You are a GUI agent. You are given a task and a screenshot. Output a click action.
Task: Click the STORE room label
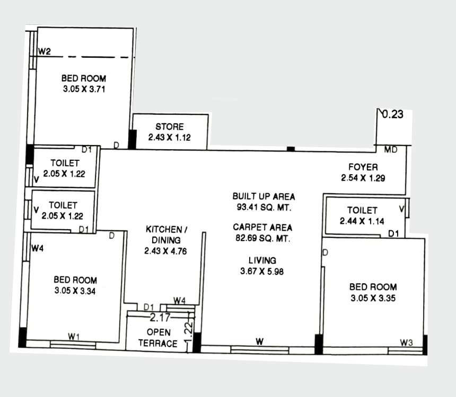pyautogui.click(x=170, y=127)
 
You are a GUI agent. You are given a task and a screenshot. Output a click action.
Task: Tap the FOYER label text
pyautogui.click(x=363, y=168)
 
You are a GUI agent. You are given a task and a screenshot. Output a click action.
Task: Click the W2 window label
pyautogui.click(x=45, y=51)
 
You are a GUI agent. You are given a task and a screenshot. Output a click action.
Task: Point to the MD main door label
pyautogui.click(x=391, y=150)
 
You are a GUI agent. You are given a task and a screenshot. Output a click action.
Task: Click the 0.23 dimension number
pyautogui.click(x=393, y=114)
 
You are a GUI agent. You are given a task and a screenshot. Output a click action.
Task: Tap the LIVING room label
pyautogui.click(x=262, y=260)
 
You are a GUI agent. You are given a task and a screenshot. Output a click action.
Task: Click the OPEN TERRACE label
pyautogui.click(x=158, y=338)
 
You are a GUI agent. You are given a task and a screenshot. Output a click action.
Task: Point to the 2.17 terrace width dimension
pyautogui.click(x=160, y=318)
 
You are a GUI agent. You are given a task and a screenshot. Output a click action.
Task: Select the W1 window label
pyautogui.click(x=74, y=336)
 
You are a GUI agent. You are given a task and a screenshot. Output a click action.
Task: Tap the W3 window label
pyautogui.click(x=407, y=343)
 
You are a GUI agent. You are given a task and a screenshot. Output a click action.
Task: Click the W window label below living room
pyautogui.click(x=259, y=342)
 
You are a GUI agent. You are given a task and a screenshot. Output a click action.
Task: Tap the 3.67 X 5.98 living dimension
pyautogui.click(x=262, y=272)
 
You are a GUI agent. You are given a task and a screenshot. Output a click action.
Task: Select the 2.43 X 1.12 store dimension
pyautogui.click(x=170, y=137)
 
